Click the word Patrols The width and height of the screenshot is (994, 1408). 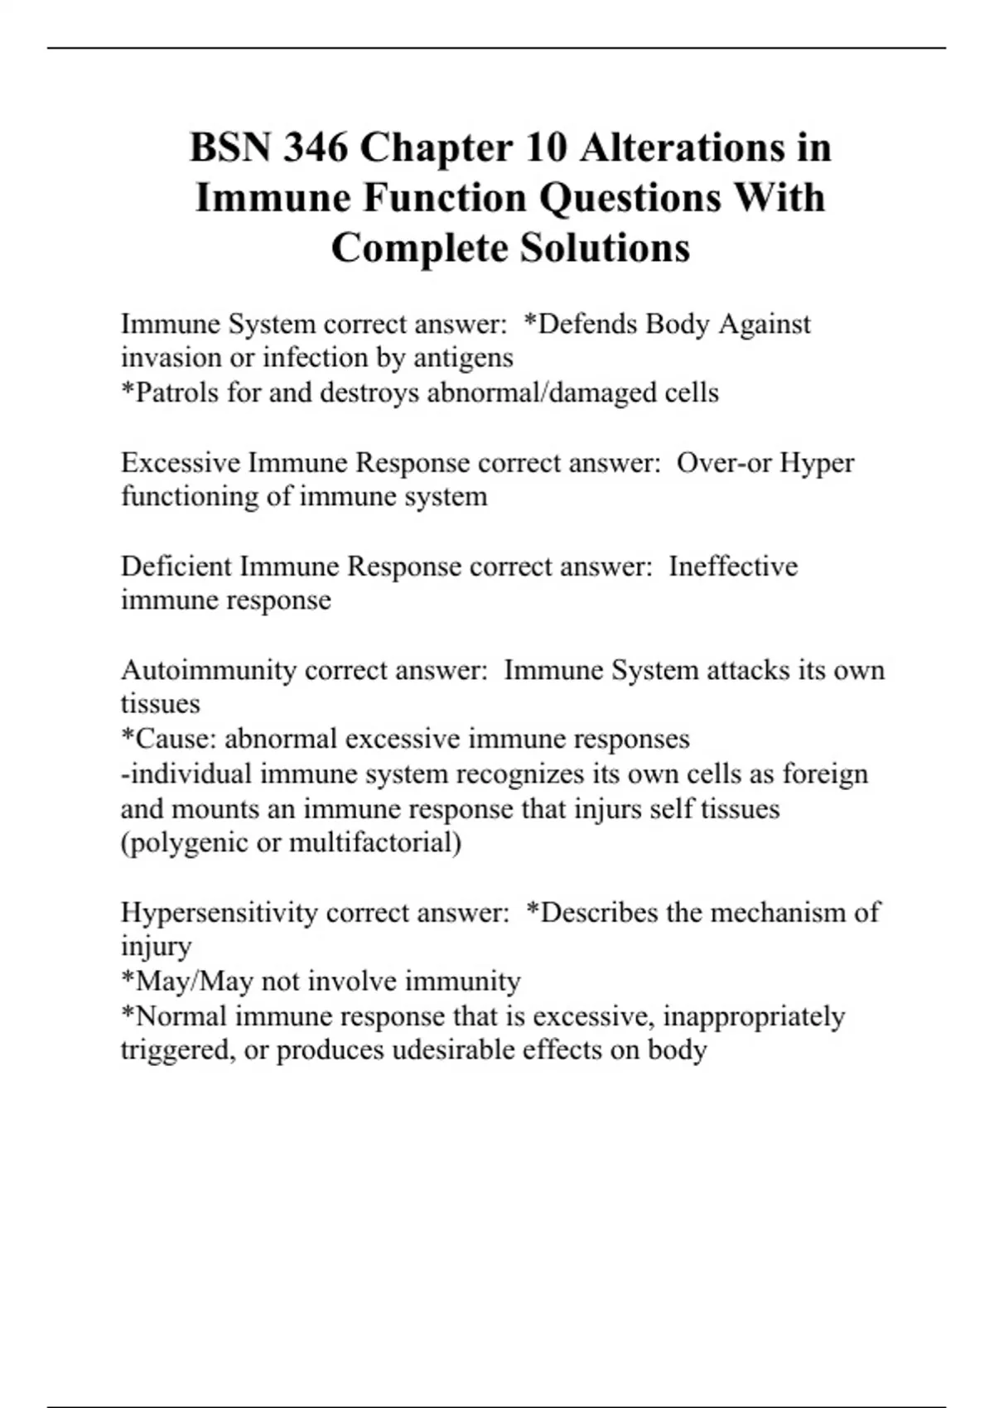click(x=176, y=393)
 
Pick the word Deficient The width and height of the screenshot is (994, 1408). click(x=176, y=567)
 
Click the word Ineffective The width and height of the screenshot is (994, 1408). click(x=733, y=567)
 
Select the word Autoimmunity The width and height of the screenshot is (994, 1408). click(x=208, y=670)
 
